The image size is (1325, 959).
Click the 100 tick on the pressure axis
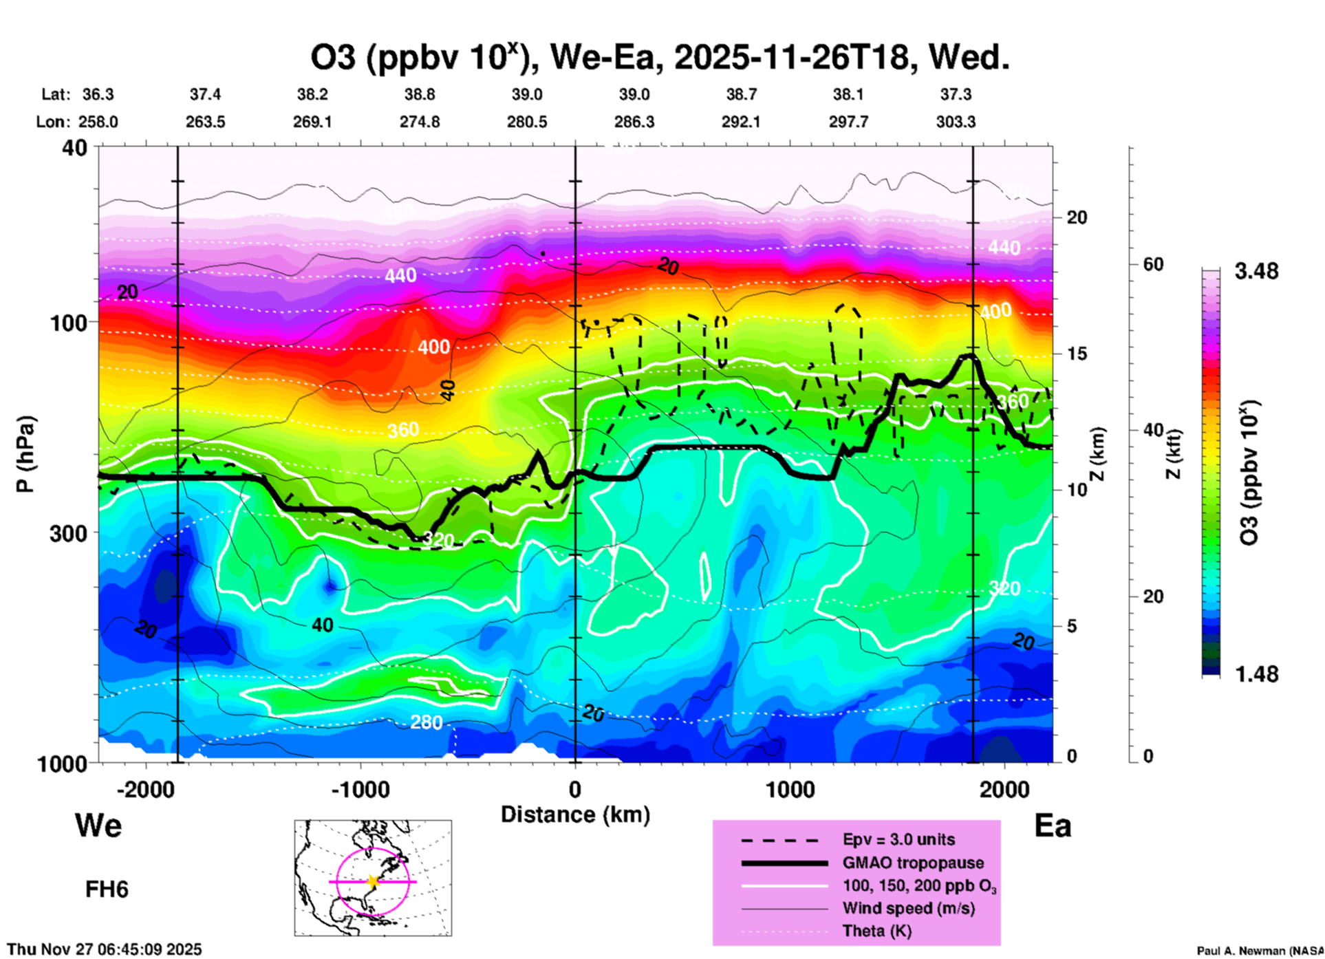tap(69, 323)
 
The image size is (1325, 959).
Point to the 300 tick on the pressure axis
tap(69, 533)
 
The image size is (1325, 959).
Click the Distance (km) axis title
tap(575, 815)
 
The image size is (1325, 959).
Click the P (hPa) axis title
tap(25, 453)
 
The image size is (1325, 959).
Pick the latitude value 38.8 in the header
tap(419, 94)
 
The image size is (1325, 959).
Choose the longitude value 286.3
tap(634, 122)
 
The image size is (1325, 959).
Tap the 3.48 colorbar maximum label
tap(1256, 272)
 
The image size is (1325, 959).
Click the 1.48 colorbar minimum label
tap(1256, 674)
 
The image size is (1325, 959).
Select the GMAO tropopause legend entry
tap(913, 863)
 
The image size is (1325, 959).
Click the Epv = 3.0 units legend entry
tap(898, 839)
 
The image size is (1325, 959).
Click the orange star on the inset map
tap(373, 881)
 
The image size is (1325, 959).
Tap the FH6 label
tap(107, 890)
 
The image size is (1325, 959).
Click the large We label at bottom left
tap(98, 826)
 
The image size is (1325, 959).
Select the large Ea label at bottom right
tap(1053, 826)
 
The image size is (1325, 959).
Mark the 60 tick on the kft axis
tap(1154, 265)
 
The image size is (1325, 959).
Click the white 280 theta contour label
tap(426, 722)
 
